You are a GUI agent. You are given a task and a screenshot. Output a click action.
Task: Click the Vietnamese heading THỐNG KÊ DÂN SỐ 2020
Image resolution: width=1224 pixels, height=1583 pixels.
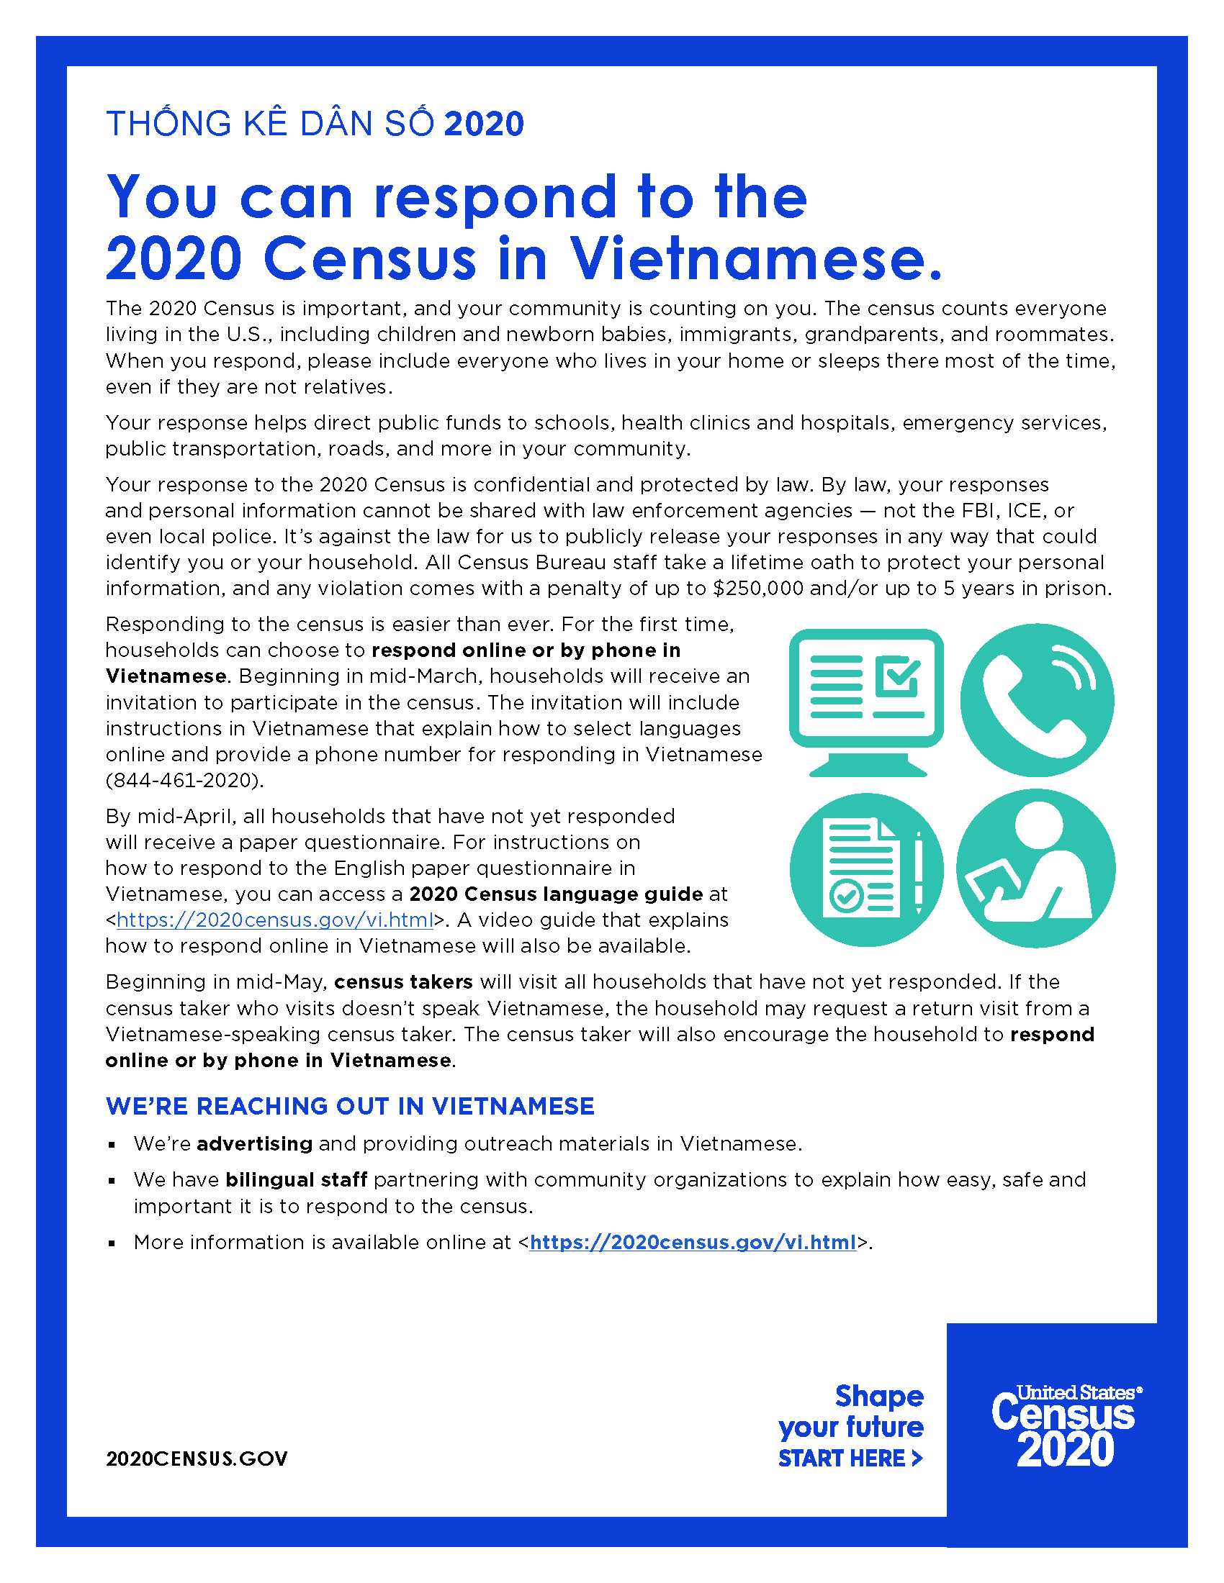tap(315, 124)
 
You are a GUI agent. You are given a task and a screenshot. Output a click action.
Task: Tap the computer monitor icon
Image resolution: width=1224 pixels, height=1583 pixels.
tap(865, 700)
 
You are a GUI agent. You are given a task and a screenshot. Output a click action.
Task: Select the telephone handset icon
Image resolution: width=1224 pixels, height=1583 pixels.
tap(1037, 700)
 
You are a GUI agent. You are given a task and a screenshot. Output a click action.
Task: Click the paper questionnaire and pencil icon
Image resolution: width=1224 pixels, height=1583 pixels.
tap(865, 869)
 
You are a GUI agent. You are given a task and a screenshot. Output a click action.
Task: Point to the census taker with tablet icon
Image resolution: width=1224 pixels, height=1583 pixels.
tap(1035, 869)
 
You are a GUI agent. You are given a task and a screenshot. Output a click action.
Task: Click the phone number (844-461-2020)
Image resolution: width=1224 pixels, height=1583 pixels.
tap(184, 781)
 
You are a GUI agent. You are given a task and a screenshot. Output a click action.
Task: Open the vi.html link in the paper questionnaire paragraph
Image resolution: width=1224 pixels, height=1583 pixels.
tap(275, 920)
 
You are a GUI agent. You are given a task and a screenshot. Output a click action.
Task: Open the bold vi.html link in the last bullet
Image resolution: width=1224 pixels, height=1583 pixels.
tap(693, 1243)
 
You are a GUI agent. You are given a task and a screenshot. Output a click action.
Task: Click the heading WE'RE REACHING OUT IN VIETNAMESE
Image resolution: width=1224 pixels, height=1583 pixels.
tap(349, 1107)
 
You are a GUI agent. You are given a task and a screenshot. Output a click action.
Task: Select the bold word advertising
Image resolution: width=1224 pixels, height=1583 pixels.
tap(254, 1144)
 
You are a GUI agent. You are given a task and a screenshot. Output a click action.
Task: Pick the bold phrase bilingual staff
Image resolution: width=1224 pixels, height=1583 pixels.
tap(296, 1180)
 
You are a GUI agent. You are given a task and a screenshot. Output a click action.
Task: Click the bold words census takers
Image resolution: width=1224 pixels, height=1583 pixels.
tap(403, 982)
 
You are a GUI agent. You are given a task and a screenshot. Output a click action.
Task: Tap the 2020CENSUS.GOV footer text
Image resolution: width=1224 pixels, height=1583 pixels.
tap(197, 1459)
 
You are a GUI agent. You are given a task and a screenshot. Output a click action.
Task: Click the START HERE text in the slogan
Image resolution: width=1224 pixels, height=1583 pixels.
tap(849, 1459)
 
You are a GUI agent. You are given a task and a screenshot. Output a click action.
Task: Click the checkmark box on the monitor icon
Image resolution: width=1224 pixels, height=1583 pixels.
tap(897, 676)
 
